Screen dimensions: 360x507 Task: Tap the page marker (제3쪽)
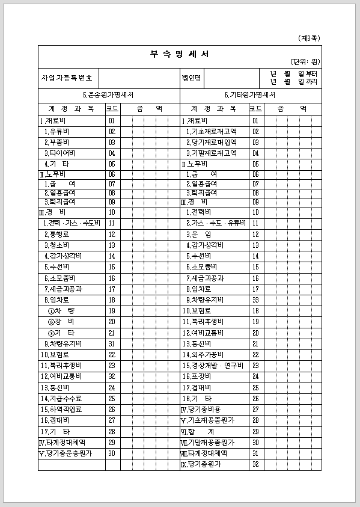coord(309,38)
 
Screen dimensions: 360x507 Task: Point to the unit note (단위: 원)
coord(306,62)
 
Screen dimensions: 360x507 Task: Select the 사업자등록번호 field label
coord(66,78)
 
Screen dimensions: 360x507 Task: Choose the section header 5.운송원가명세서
coord(108,95)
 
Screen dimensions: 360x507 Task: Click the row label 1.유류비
coord(55,131)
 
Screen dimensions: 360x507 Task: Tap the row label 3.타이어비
coord(58,153)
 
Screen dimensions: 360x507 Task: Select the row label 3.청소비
coord(55,245)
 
